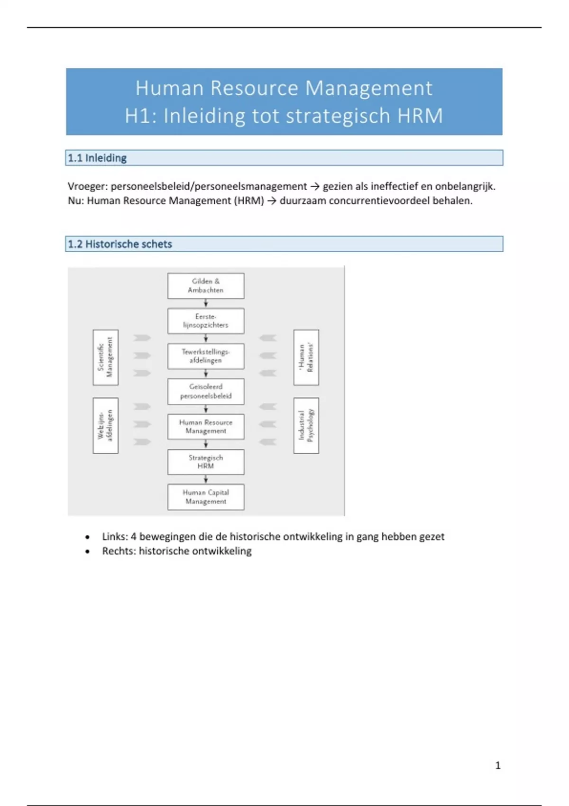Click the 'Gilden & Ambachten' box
pos(206,285)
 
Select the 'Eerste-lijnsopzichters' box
pos(206,321)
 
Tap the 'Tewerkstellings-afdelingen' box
pos(206,356)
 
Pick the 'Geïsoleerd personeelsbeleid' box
pos(206,391)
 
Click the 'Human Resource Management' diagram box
pos(206,426)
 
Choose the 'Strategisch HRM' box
pos(206,462)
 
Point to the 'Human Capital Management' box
pos(206,497)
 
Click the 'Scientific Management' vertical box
pos(105,357)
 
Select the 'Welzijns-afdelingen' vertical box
pos(105,425)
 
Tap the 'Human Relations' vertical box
pos(306,357)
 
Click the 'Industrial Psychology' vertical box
pos(306,425)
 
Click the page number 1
pos(498,765)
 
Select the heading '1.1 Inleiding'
pos(97,158)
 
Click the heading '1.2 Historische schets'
pos(120,244)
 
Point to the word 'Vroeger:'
pos(88,186)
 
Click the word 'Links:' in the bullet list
pos(115,537)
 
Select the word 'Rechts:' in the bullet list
pos(119,551)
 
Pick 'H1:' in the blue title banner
pos(141,116)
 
